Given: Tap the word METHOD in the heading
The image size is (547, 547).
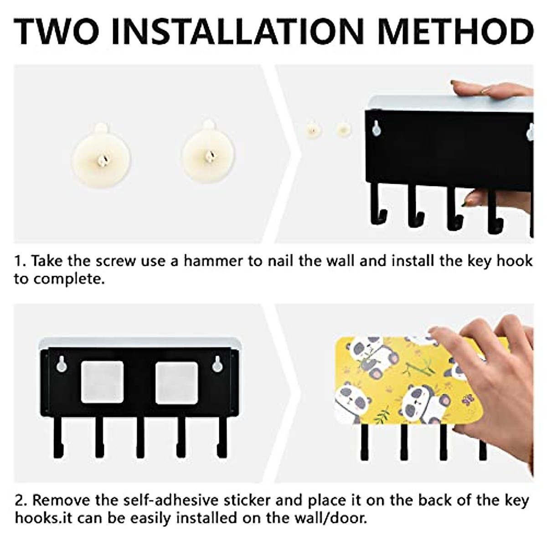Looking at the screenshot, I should (x=455, y=31).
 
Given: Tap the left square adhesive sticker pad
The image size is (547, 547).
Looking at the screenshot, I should (x=103, y=382).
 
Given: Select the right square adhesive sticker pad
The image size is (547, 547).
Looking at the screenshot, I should (x=176, y=382).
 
